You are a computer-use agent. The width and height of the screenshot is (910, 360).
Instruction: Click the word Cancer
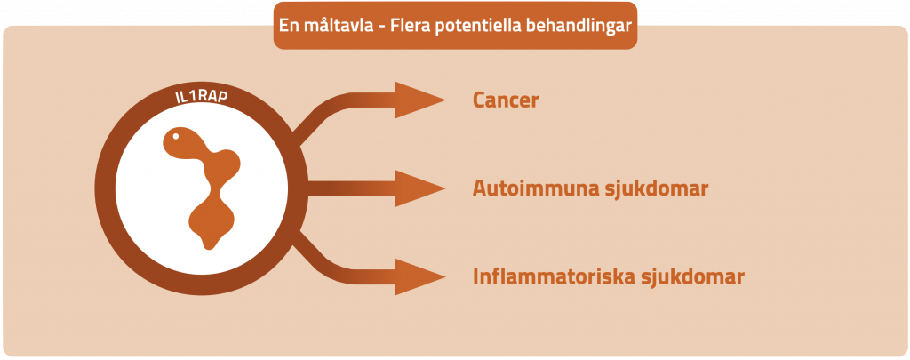[505, 100]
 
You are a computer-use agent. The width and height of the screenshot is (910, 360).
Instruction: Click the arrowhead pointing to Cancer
[418, 100]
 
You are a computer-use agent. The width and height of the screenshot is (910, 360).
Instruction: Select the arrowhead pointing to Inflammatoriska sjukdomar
[418, 276]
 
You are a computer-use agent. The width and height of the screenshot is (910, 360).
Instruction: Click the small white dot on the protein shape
[176, 137]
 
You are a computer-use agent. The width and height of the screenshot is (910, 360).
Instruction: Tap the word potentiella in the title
[478, 26]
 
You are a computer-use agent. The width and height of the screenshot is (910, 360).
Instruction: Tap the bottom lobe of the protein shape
[213, 227]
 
